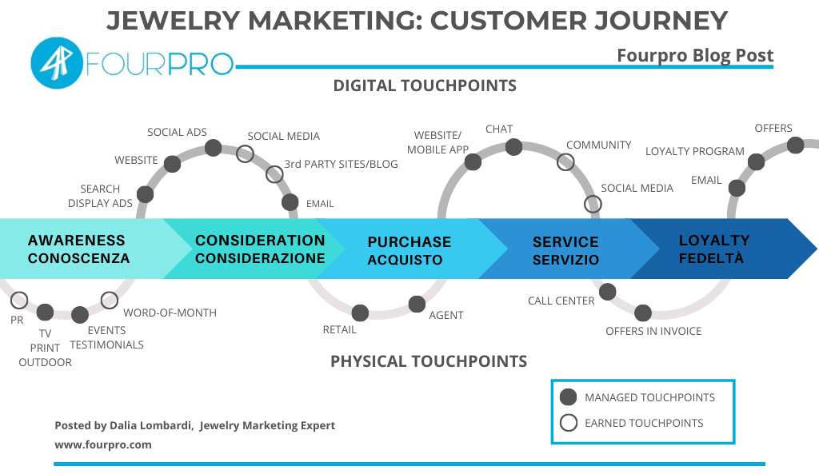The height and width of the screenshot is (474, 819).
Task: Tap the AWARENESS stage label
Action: click(x=77, y=241)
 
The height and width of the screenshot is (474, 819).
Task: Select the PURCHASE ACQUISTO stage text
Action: click(x=409, y=250)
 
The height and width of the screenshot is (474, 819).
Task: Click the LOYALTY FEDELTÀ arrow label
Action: click(x=713, y=249)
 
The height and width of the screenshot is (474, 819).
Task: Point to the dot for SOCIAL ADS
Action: click(x=213, y=148)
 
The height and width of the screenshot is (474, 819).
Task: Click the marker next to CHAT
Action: click(x=513, y=147)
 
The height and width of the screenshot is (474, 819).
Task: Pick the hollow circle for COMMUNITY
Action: click(x=565, y=161)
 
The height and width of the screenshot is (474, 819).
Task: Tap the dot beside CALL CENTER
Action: click(x=607, y=292)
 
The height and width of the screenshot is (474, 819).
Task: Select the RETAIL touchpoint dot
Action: click(x=360, y=313)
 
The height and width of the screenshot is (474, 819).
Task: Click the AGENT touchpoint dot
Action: click(x=417, y=304)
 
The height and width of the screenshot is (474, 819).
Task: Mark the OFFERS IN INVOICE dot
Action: click(x=643, y=313)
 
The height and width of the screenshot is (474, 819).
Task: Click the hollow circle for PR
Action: click(x=19, y=301)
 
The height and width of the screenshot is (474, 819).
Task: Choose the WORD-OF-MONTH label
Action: click(x=170, y=313)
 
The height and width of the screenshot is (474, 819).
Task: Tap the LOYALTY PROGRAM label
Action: click(x=694, y=151)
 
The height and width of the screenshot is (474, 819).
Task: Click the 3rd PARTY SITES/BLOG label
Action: click(x=341, y=165)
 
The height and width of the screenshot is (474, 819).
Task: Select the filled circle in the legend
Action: click(x=568, y=397)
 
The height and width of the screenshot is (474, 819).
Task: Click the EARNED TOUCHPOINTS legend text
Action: click(x=644, y=423)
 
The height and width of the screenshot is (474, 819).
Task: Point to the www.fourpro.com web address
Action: click(x=102, y=444)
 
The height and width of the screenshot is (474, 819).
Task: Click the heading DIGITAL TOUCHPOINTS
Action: click(x=425, y=86)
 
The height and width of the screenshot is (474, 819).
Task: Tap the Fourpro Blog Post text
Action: click(x=695, y=55)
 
